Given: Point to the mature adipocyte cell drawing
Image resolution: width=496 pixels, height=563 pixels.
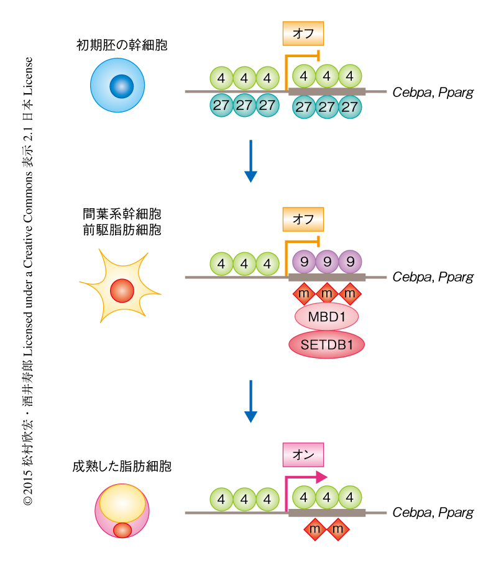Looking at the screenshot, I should coord(122,511).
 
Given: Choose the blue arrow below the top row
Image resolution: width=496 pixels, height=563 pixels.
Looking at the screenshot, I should coord(250,161).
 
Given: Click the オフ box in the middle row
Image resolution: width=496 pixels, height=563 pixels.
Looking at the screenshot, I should coord(303,219).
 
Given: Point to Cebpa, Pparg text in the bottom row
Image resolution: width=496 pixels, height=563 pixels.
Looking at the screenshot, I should coord(433,513).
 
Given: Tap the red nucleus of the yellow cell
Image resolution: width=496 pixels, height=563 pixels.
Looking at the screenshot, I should coord(122,290).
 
